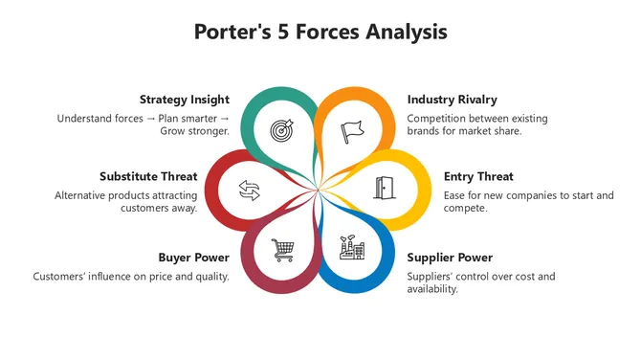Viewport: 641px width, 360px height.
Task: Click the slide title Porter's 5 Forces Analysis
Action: click(320, 32)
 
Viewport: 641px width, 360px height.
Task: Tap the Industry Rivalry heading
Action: click(452, 100)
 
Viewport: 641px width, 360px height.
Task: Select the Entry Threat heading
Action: click(478, 177)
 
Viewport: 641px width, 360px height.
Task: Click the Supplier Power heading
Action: click(450, 258)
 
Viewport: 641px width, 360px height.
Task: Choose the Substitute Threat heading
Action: click(148, 177)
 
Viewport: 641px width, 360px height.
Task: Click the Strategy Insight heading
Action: click(184, 100)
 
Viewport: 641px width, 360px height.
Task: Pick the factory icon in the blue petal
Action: click(352, 248)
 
